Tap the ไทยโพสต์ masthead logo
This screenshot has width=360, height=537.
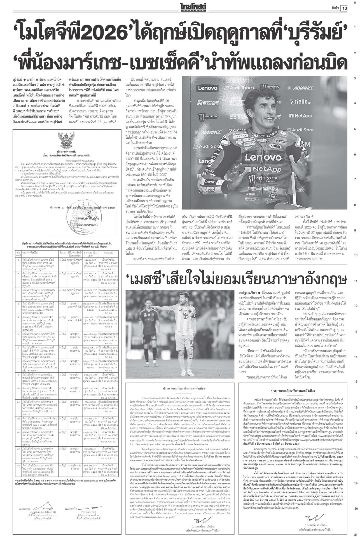pyautogui.click(x=193, y=6)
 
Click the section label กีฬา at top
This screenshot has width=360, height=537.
pyautogui.click(x=334, y=8)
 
